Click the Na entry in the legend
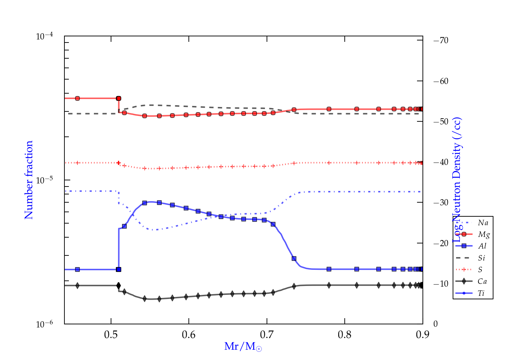pyautogui.click(x=483, y=223)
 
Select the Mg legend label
pyautogui.click(x=484, y=235)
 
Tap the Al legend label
pyautogui.click(x=482, y=246)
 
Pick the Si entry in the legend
pyautogui.click(x=481, y=258)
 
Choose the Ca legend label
pyautogui.click(x=482, y=281)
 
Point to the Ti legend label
pyautogui.click(x=481, y=293)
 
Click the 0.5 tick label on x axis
pyautogui.click(x=111, y=335)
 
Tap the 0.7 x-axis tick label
pyautogui.click(x=267, y=335)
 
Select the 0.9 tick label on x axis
pyautogui.click(x=423, y=335)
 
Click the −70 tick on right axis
pyautogui.click(x=441, y=40)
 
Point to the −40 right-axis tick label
pyautogui.click(x=441, y=162)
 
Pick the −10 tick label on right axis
pyautogui.click(x=441, y=284)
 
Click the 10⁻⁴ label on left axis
pyautogui.click(x=45, y=36)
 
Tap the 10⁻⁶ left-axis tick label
pyautogui.click(x=45, y=324)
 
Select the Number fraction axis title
pyautogui.click(x=29, y=180)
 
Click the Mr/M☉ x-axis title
pyautogui.click(x=243, y=347)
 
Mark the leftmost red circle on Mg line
pyautogui.click(x=77, y=98)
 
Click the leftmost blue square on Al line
pyautogui.click(x=77, y=269)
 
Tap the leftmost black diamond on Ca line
pyautogui.click(x=77, y=286)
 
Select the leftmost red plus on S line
pyautogui.click(x=77, y=163)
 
